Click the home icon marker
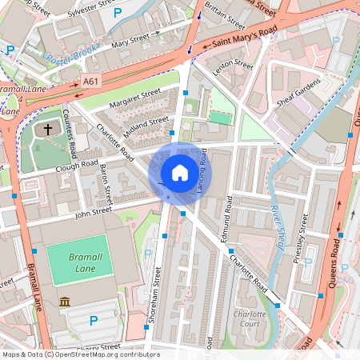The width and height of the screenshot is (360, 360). click(180, 172)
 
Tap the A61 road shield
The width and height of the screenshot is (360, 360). click(91, 81)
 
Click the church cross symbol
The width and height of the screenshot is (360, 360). click(47, 128)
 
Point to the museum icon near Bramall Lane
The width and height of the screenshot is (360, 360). click(64, 302)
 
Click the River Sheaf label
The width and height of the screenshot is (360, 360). click(274, 229)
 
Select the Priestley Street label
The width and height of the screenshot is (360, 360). click(305, 231)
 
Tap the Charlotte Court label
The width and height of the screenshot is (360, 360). click(249, 320)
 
